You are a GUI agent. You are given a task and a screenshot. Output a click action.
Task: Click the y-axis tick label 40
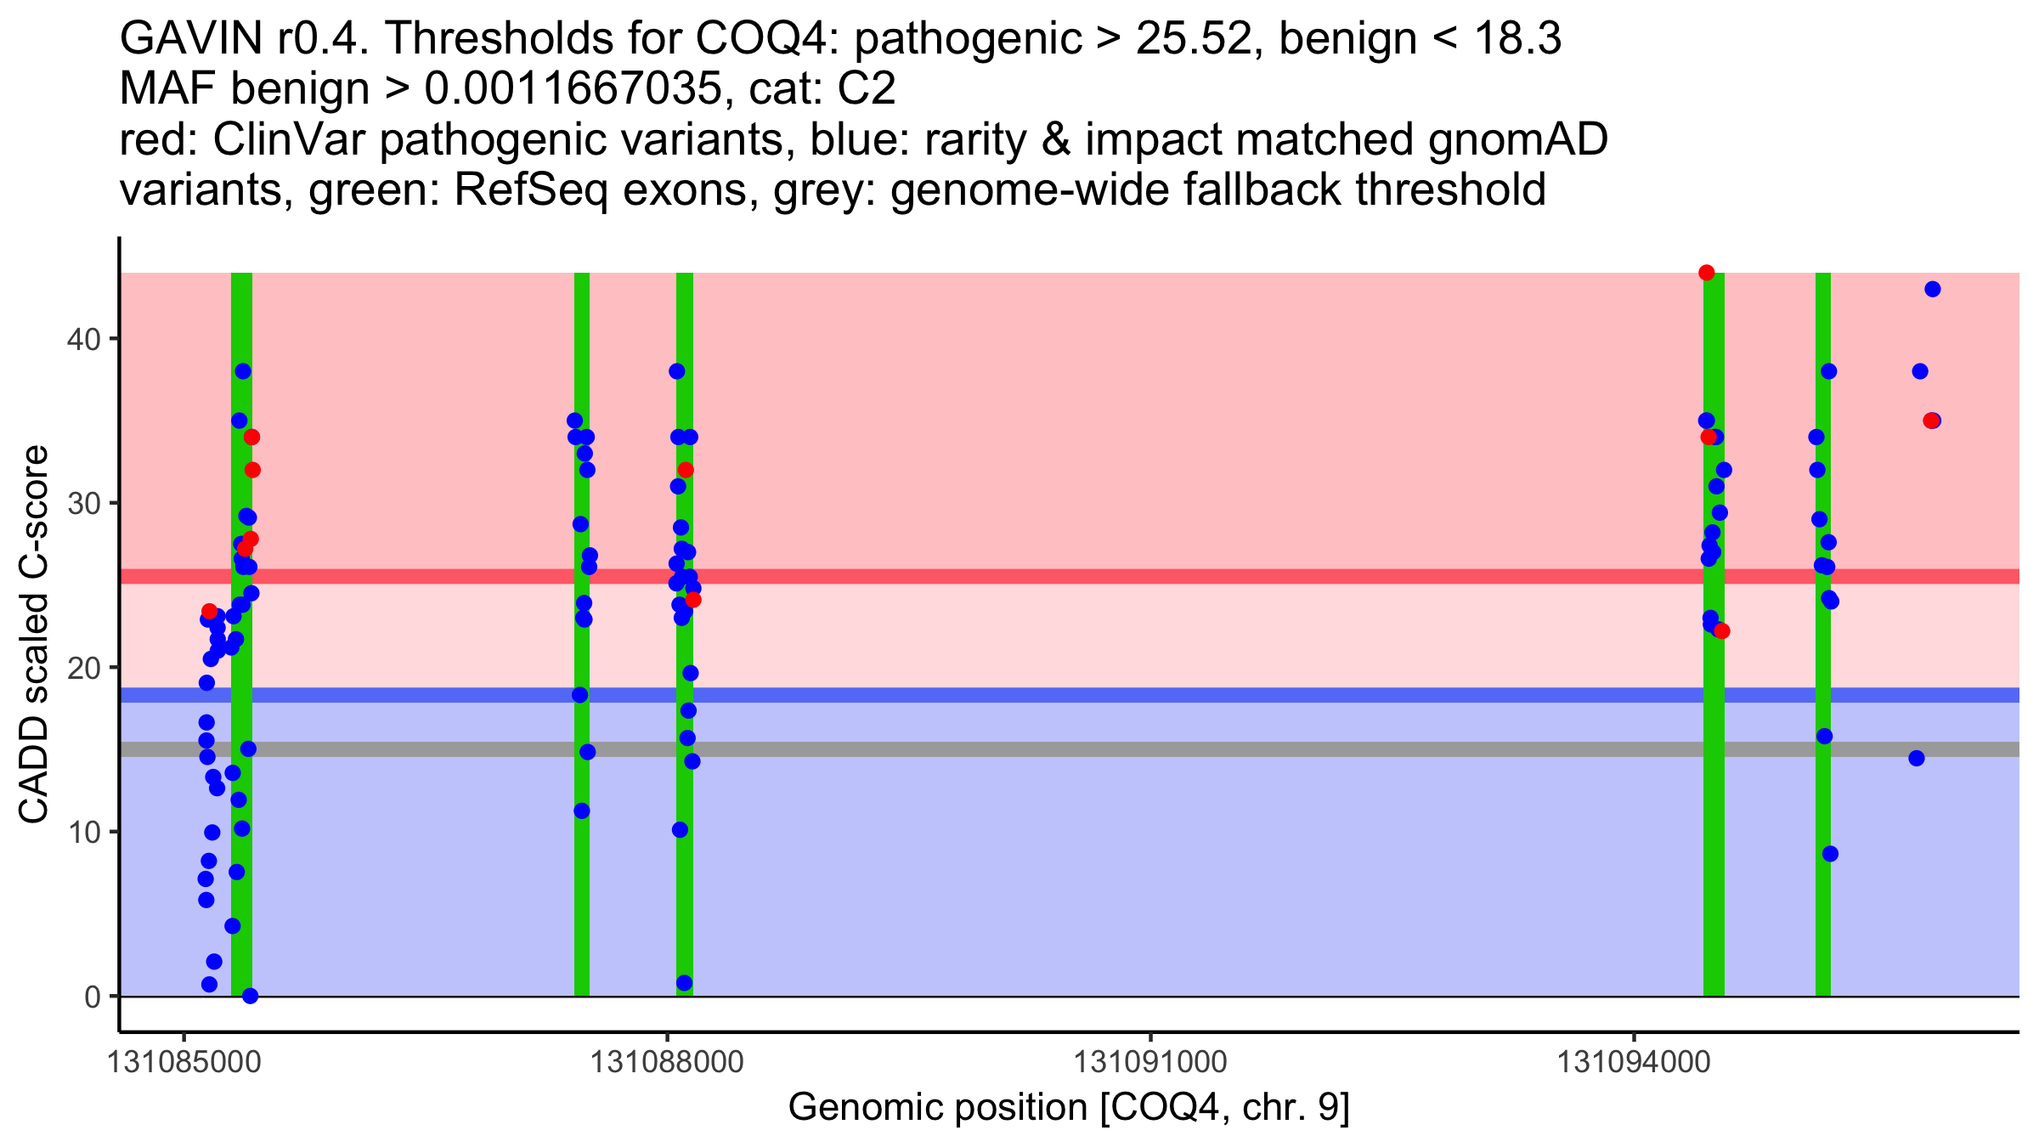pos(82,339)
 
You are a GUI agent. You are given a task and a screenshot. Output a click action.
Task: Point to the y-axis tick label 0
pos(92,997)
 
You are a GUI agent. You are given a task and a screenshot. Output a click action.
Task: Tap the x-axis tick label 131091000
pos(1151,1062)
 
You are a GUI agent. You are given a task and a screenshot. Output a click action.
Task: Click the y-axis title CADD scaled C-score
pos(34,635)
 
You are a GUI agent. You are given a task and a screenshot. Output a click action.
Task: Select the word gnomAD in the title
pos(1517,139)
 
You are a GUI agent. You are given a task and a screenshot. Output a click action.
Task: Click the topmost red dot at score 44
pos(1706,273)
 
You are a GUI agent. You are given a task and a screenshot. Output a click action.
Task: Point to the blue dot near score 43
pos(1932,289)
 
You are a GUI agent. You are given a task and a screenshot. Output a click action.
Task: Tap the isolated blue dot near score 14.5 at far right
pos(1916,758)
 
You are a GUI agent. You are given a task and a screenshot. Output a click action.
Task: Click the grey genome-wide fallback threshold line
pos(1019,749)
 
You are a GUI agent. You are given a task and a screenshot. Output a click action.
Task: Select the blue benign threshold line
pos(1019,695)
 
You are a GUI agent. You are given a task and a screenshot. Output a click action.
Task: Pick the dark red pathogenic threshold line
pos(1019,576)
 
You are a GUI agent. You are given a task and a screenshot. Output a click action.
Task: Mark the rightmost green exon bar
pos(1822,850)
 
